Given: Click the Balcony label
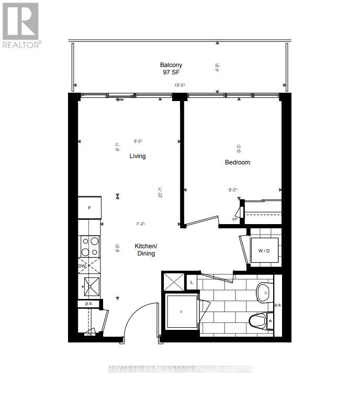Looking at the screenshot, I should [x=171, y=65].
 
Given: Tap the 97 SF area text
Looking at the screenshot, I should [x=171, y=73].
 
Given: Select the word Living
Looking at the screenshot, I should [x=138, y=156].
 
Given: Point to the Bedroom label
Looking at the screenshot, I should [x=238, y=162].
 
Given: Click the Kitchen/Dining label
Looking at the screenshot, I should [x=145, y=250].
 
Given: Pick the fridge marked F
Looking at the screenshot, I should [x=89, y=208].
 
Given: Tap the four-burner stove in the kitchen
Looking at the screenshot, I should [x=89, y=246].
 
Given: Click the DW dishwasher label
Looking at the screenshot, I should [x=82, y=266].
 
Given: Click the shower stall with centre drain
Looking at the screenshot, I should [x=181, y=311].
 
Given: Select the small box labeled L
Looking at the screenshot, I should [x=192, y=283].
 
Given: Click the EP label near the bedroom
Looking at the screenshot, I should [x=235, y=219].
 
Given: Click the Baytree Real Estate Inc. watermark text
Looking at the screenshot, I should [x=180, y=369].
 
